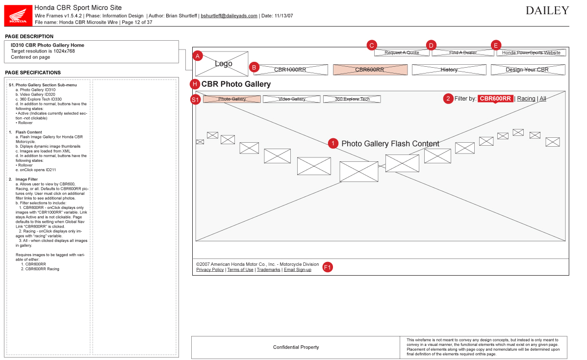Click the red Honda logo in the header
[x=18, y=15]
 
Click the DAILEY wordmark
[x=547, y=11]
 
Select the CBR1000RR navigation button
[x=290, y=70]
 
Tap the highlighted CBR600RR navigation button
[x=370, y=70]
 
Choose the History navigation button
[x=449, y=70]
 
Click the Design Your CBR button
[x=527, y=70]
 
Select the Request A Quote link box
[x=402, y=52]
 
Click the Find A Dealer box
[x=463, y=52]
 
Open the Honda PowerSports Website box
[x=531, y=52]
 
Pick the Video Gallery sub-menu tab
[x=292, y=99]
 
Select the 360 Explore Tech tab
[x=352, y=99]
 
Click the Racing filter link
[x=526, y=99]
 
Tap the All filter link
[x=543, y=99]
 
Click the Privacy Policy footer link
[x=210, y=270]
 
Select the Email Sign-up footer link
[x=297, y=270]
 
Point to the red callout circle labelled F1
[x=328, y=267]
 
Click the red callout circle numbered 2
[x=448, y=99]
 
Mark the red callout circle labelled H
[x=196, y=84]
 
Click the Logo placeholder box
[x=222, y=64]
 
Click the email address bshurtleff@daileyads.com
[x=229, y=16]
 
